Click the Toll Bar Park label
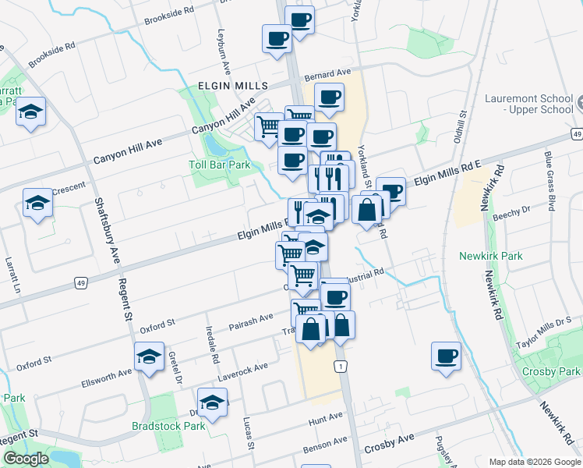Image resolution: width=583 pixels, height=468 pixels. [x=220, y=165]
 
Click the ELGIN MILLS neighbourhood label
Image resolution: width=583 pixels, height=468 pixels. [x=232, y=85]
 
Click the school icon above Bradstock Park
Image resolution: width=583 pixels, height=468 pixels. [x=212, y=402]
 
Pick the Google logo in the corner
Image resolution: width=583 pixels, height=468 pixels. [x=26, y=459]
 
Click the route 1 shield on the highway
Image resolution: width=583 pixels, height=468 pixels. [x=340, y=366]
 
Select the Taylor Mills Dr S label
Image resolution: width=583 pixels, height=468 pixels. [x=543, y=333]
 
